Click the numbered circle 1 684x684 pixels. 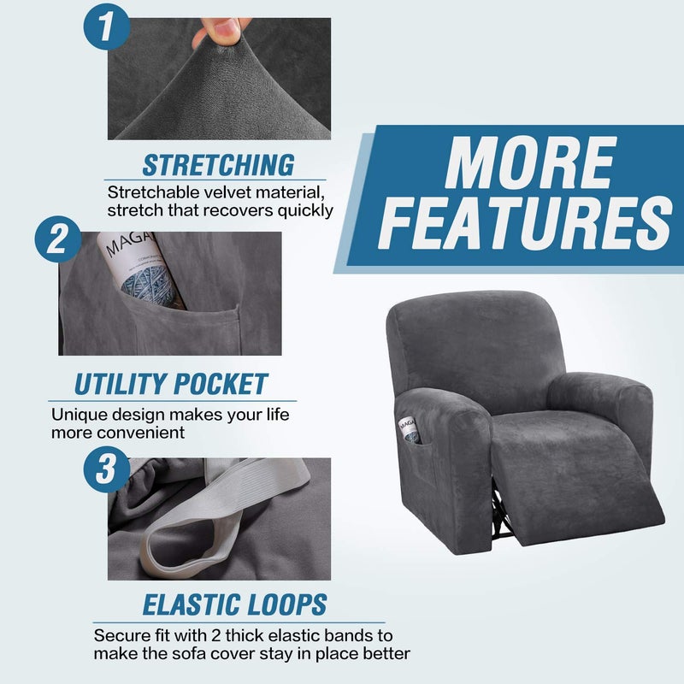106,27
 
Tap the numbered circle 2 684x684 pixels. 58,239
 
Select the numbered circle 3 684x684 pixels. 106,469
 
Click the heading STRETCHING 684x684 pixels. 218,165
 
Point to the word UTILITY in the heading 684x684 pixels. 121,384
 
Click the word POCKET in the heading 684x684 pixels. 221,384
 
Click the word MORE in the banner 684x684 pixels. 530,162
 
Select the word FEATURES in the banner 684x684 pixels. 525,222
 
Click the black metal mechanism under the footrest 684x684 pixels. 502,510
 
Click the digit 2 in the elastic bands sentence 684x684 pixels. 215,635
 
